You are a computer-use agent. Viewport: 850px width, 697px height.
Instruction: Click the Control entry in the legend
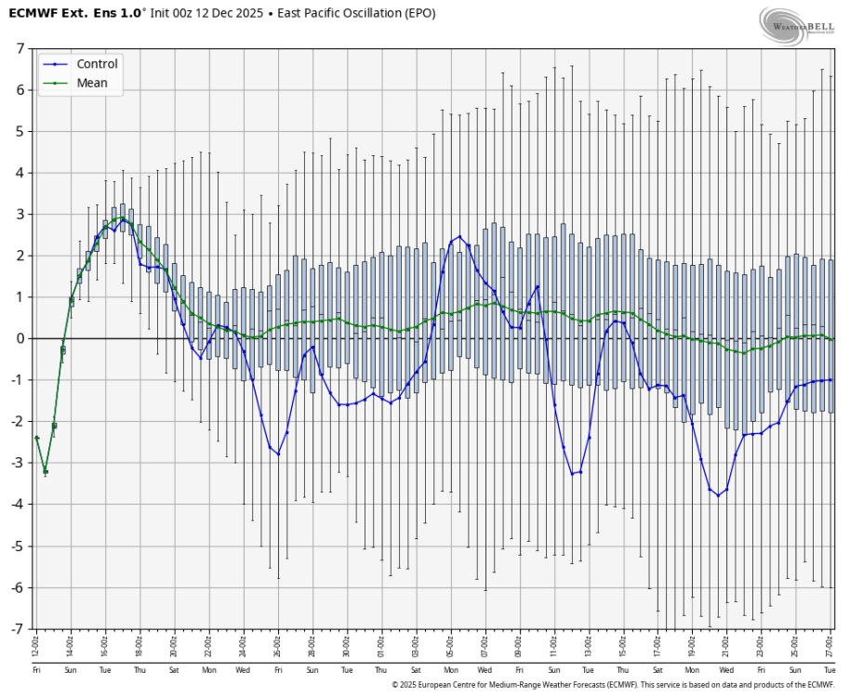[97, 64]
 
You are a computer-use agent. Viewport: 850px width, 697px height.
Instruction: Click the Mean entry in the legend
[92, 83]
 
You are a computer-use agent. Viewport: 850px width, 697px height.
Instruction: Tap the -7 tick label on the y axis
[18, 629]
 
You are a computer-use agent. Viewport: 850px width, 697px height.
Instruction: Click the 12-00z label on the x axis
[36, 644]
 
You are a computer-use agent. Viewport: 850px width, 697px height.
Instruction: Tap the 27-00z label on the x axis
[830, 644]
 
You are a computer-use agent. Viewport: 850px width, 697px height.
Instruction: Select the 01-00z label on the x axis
[380, 644]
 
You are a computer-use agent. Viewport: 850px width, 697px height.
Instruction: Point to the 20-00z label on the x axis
[174, 644]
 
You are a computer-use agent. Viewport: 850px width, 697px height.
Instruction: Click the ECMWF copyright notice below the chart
[614, 684]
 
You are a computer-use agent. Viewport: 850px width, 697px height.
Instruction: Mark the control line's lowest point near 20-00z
[718, 495]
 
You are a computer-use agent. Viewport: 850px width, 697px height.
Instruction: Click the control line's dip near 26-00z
[278, 454]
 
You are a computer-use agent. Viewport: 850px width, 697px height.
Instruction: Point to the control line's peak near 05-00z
[459, 237]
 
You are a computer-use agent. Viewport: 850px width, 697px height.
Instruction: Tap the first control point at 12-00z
[36, 438]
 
